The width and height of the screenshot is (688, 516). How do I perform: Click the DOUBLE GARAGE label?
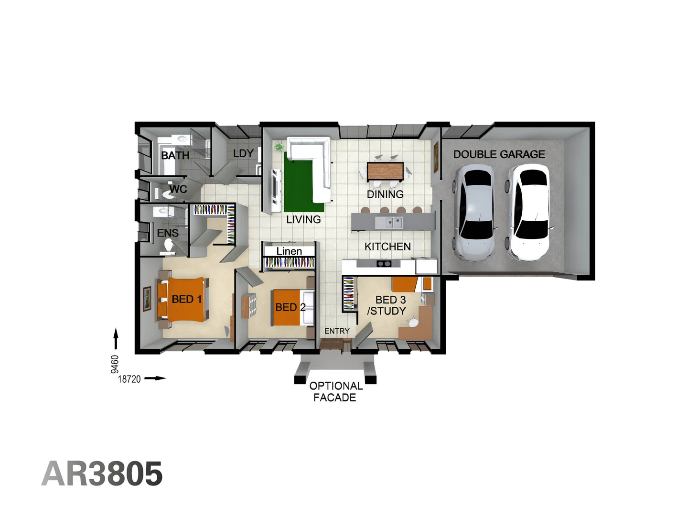(499, 154)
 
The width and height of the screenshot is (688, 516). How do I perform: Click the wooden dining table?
(385, 171)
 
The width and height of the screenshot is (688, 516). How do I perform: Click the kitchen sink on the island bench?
(388, 222)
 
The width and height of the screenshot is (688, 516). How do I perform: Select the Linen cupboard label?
(289, 251)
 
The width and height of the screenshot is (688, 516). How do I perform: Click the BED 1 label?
(186, 300)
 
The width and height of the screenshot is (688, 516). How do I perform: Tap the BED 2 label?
(290, 307)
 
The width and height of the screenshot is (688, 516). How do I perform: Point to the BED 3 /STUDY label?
(387, 305)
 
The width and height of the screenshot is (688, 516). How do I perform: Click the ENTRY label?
(337, 331)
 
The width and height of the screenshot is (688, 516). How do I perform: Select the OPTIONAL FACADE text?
(335, 392)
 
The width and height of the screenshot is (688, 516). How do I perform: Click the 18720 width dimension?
(129, 379)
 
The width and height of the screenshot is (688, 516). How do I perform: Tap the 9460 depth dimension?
(115, 364)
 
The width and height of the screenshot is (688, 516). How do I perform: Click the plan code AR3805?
(102, 474)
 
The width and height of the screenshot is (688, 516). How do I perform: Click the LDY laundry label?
(243, 153)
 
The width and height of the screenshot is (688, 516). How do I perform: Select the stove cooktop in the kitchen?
(384, 264)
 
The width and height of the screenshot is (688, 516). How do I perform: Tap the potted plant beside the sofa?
(278, 147)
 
